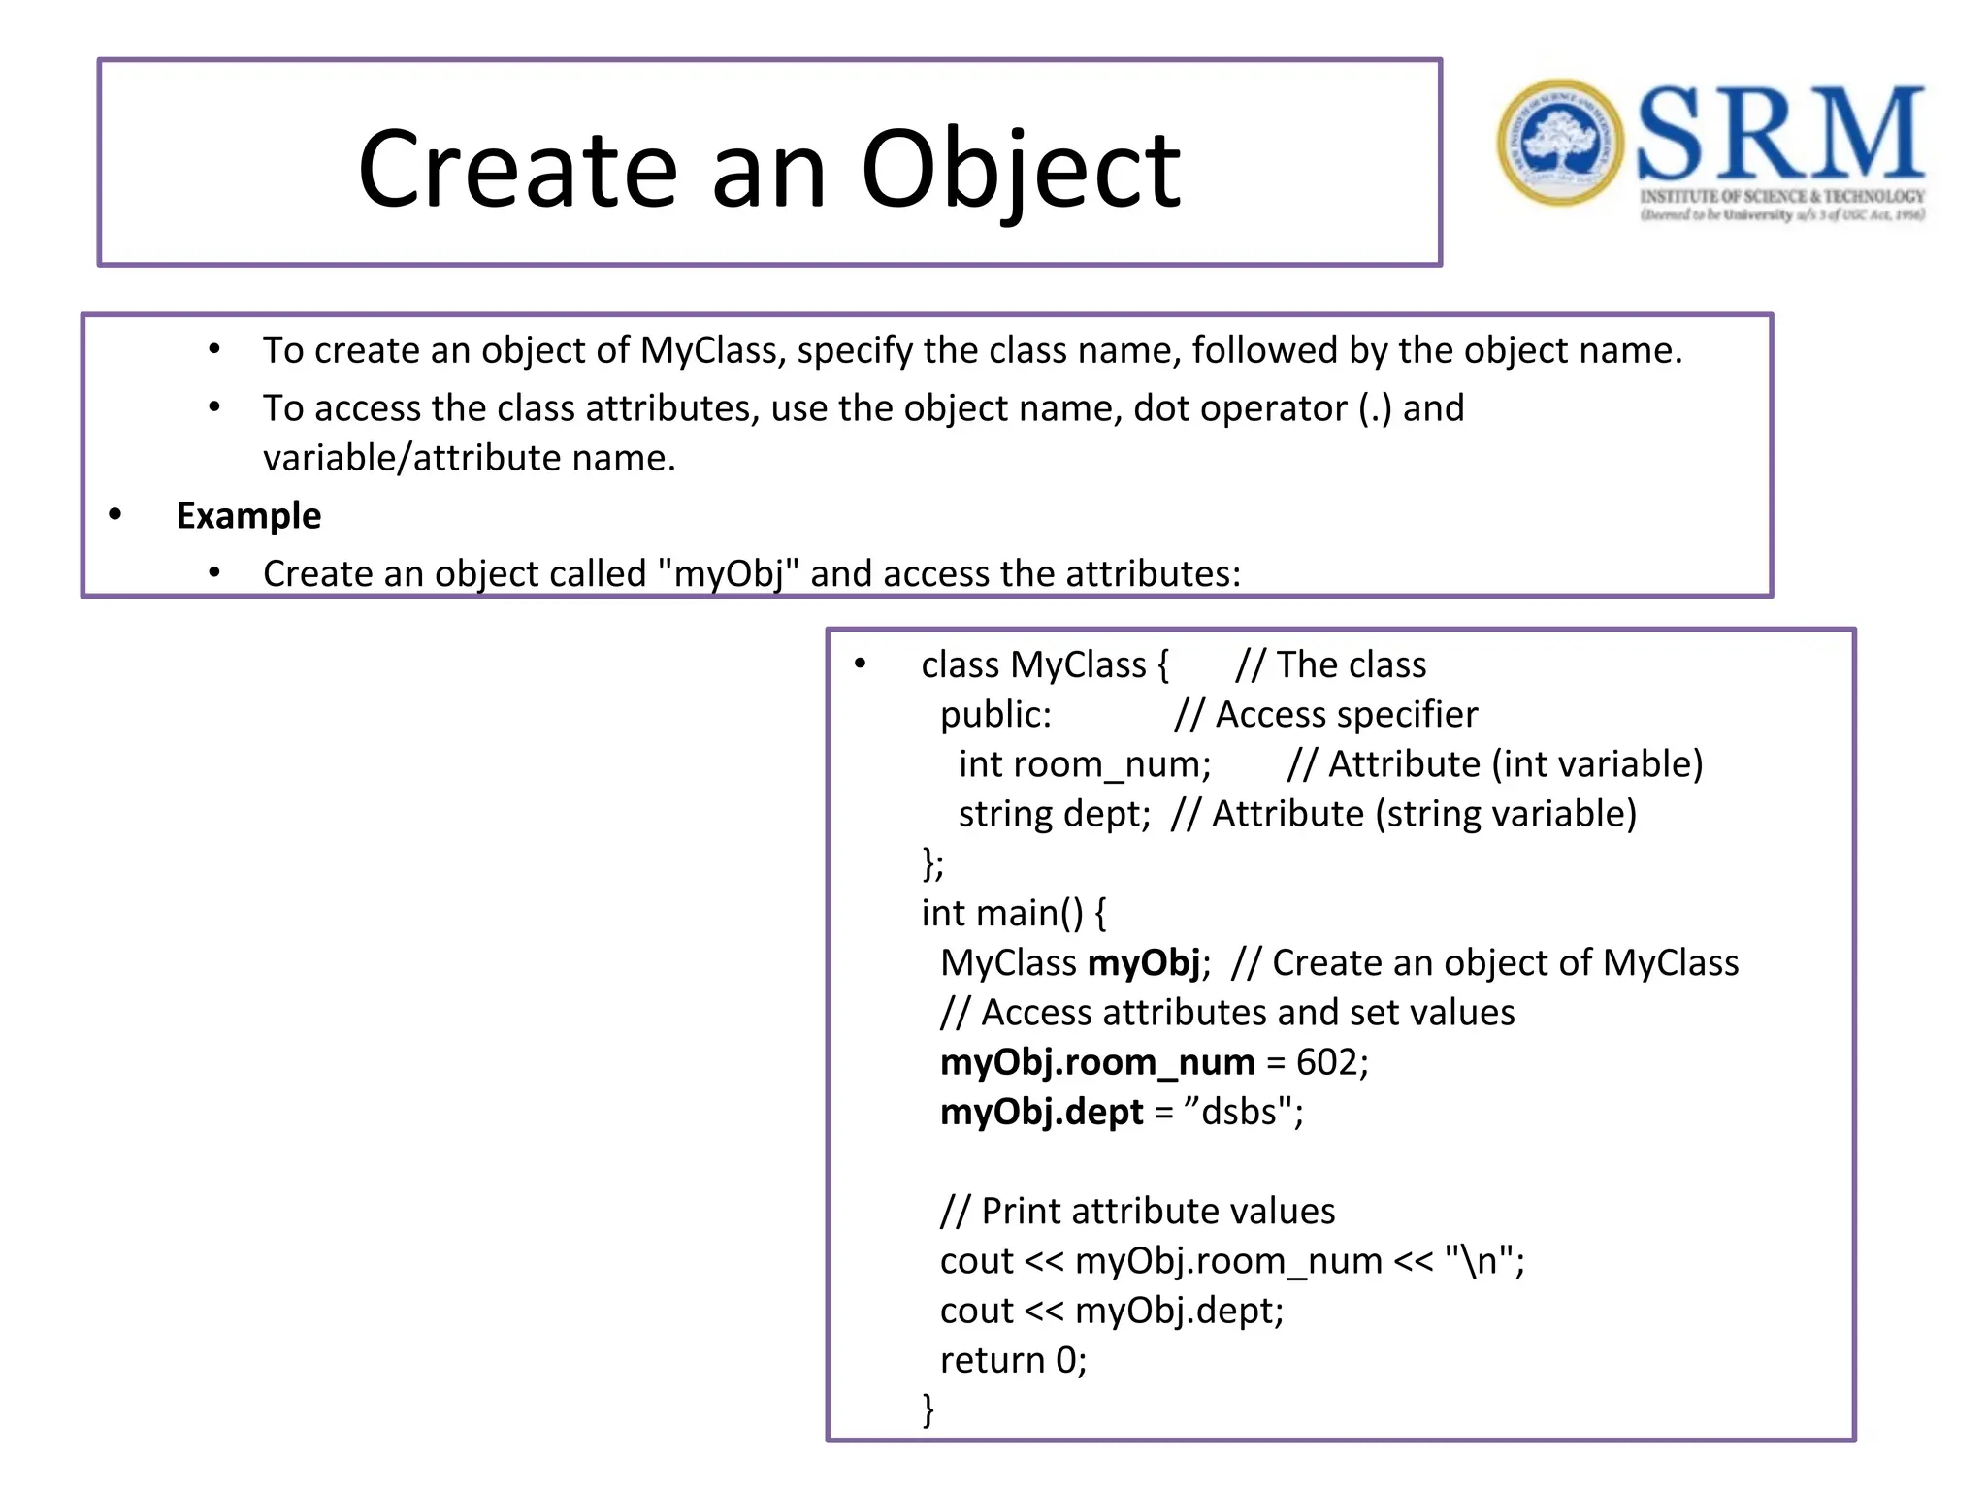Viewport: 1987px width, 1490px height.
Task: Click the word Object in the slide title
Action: tap(1021, 171)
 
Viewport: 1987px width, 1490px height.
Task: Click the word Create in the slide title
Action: tap(517, 171)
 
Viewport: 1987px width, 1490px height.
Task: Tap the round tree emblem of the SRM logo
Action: tap(1559, 143)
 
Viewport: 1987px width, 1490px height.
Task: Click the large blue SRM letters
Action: tap(1779, 134)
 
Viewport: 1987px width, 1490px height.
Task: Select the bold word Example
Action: tap(248, 516)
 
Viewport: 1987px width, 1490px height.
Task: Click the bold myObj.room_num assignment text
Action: tap(1097, 1062)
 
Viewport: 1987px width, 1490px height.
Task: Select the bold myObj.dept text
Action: tap(1042, 1112)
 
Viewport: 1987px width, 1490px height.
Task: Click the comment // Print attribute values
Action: tap(1137, 1211)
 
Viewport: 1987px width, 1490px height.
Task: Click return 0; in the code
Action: tap(1013, 1360)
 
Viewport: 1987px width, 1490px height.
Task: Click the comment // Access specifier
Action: tap(1325, 715)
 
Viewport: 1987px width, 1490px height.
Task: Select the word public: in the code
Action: tap(995, 715)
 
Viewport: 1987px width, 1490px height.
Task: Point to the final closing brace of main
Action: tap(928, 1409)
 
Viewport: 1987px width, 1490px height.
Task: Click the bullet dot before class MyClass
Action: tap(860, 664)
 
